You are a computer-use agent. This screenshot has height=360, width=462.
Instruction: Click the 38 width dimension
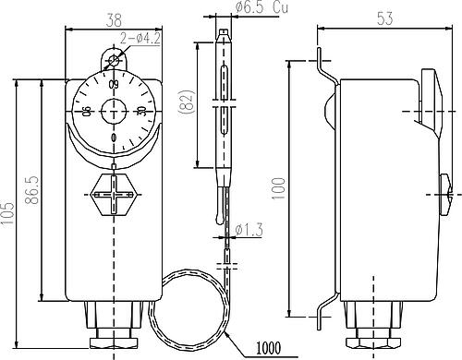(115, 21)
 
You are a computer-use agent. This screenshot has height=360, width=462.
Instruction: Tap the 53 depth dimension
(385, 18)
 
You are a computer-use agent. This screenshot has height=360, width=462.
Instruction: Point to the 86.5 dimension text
(32, 190)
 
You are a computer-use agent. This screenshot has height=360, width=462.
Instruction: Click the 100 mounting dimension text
(279, 188)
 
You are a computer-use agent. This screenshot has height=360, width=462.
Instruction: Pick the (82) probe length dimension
(187, 102)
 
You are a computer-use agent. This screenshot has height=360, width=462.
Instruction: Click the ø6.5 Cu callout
(262, 7)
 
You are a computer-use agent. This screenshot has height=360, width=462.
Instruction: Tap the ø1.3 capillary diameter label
(249, 230)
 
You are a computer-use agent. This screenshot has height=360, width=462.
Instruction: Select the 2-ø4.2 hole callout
(140, 39)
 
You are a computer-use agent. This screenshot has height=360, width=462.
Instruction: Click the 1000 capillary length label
(269, 348)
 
